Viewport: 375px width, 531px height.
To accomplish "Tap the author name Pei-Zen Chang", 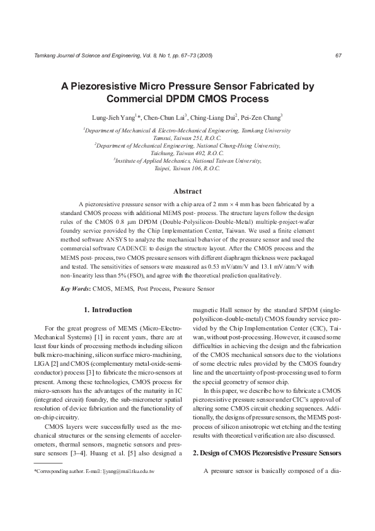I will click(x=246, y=117).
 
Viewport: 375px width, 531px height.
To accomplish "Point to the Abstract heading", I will click(x=187, y=191).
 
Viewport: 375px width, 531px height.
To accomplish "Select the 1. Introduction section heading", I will click(x=108, y=310).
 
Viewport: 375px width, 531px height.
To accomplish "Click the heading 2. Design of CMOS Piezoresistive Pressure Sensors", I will click(x=267, y=453).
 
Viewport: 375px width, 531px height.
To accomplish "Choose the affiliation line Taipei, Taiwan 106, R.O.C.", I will click(x=187, y=168).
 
